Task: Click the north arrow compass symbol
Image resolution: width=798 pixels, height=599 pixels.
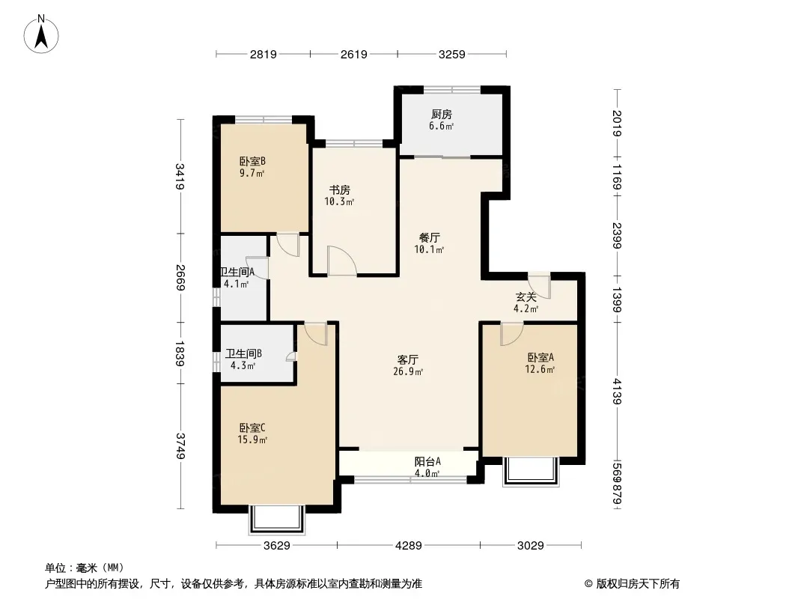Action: [41, 34]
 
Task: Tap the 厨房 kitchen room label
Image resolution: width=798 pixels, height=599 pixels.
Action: [441, 115]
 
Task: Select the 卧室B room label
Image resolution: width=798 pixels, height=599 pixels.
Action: [252, 162]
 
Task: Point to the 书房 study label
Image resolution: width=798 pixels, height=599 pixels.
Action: [339, 190]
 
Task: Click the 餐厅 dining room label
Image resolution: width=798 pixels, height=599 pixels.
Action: [429, 237]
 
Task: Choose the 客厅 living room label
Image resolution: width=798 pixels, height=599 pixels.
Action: [408, 360]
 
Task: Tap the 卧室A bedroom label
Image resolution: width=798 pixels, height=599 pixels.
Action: [540, 358]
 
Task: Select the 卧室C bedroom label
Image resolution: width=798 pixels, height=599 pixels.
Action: [252, 428]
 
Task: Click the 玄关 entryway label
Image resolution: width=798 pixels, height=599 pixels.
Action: [526, 297]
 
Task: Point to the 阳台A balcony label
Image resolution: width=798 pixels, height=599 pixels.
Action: [427, 461]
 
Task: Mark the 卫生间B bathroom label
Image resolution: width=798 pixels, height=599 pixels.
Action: [244, 353]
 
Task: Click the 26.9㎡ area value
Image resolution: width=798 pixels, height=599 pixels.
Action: [408, 371]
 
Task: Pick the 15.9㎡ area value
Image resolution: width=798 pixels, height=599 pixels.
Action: [252, 440]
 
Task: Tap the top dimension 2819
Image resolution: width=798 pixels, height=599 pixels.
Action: [263, 54]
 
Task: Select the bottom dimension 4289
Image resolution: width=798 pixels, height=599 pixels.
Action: [409, 546]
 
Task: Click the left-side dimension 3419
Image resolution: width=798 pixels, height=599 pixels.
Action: [180, 176]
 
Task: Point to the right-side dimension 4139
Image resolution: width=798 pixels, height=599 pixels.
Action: [617, 391]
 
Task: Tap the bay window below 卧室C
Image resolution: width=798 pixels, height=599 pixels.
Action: [277, 520]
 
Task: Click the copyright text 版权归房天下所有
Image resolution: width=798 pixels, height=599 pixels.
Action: [638, 584]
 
